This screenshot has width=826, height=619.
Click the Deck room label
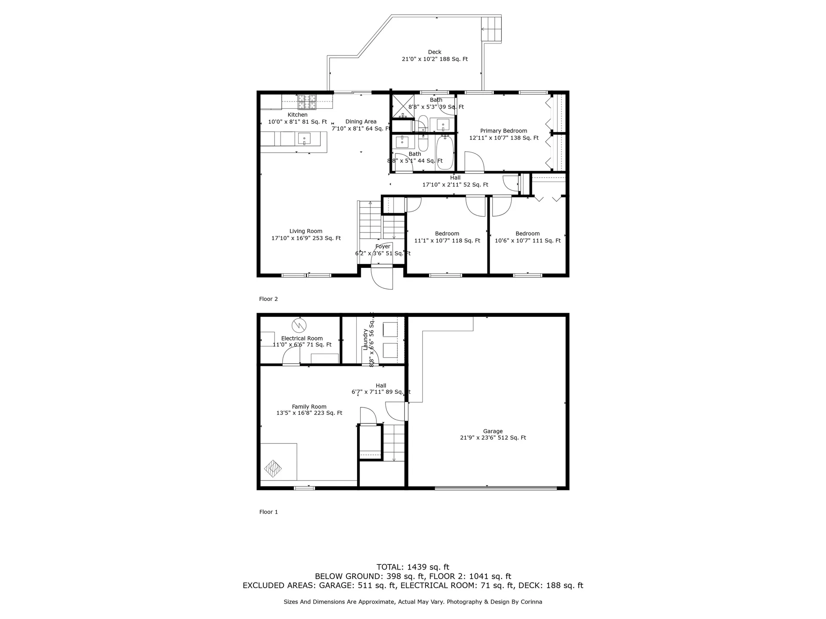(435, 52)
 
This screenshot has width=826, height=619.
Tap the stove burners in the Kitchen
(307, 101)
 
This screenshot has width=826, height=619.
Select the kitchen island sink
(304, 138)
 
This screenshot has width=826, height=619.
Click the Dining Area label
(361, 122)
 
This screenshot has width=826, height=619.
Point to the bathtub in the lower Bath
(445, 152)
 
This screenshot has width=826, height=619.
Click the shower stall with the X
(402, 106)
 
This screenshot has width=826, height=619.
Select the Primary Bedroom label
(503, 131)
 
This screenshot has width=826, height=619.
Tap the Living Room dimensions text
(306, 238)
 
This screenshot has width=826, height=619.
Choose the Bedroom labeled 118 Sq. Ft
(447, 237)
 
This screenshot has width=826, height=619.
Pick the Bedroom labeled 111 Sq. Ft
(527, 237)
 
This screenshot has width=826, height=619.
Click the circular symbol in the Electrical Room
(298, 324)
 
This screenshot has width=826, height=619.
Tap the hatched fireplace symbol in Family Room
(272, 468)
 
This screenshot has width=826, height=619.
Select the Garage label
(493, 431)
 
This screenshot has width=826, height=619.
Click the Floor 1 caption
(268, 512)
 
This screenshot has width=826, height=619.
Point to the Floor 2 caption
(268, 299)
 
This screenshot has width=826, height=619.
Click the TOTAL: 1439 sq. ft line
(413, 567)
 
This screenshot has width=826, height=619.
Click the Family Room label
(309, 407)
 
